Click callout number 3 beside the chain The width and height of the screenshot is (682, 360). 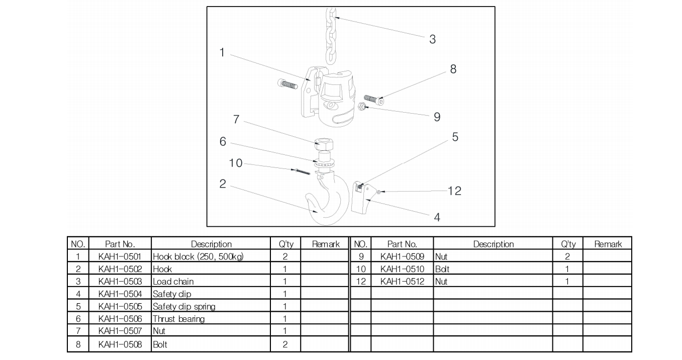[x=432, y=39]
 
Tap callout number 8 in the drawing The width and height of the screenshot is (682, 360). [x=453, y=69]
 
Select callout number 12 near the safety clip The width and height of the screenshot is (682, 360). [x=454, y=191]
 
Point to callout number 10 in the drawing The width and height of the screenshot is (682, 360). [x=236, y=163]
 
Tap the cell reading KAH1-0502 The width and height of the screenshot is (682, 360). [x=120, y=269]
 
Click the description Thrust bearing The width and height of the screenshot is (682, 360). [x=178, y=319]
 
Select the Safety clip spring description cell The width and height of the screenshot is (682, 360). [x=185, y=306]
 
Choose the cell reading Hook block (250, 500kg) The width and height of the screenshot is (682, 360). [x=198, y=256]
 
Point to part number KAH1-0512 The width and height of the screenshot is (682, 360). [x=402, y=282]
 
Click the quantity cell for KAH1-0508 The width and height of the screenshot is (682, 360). [x=285, y=344]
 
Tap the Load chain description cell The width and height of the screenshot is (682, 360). [x=173, y=282]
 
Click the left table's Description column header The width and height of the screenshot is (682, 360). [x=211, y=244]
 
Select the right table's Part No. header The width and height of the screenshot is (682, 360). [x=402, y=244]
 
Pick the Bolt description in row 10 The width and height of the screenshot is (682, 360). [x=442, y=269]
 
